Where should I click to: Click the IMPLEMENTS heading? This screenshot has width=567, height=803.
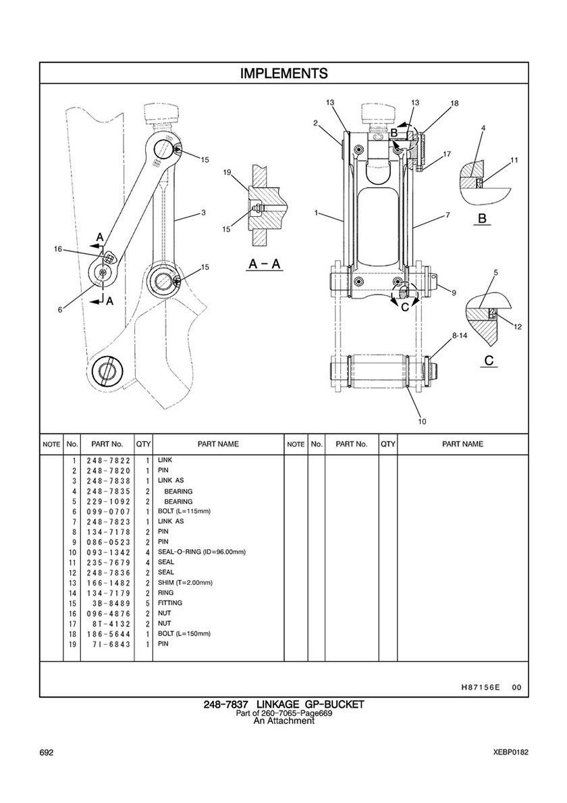[x=284, y=74]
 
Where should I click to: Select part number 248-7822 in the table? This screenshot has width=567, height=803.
[x=109, y=461]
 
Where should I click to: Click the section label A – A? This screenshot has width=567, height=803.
[x=265, y=264]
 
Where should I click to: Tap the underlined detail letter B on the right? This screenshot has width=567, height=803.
[x=482, y=219]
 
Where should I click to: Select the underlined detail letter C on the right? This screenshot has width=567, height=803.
[x=489, y=361]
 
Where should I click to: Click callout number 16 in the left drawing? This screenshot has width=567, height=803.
[x=58, y=249]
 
